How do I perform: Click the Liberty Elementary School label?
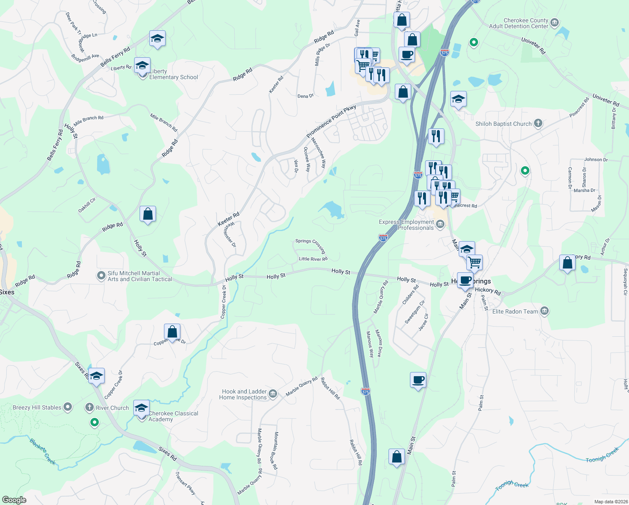pos(174,74)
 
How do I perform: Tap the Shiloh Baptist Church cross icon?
pos(538,123)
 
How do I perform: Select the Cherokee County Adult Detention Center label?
pos(518,23)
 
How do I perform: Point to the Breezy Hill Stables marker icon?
pos(67,407)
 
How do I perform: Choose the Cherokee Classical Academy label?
pos(173,416)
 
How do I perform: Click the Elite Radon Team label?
pos(515,311)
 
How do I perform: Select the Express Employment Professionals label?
pos(406,225)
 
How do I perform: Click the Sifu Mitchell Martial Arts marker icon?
pos(101,276)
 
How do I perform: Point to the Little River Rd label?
pos(313,259)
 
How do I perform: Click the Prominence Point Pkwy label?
pos(331,121)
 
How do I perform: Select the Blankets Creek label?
pos(43,452)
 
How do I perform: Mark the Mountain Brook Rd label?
pos(276,450)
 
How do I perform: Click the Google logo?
pos(14,500)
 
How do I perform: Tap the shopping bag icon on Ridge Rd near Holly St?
pos(148,214)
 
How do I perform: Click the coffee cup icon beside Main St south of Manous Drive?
pos(418,380)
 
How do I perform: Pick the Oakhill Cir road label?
pos(87,205)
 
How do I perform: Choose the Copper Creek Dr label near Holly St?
pos(224,301)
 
